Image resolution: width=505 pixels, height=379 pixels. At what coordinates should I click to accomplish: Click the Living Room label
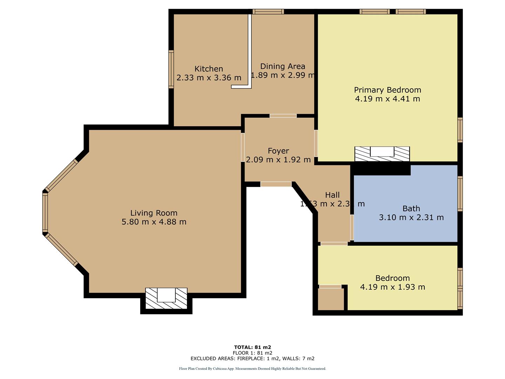(154, 213)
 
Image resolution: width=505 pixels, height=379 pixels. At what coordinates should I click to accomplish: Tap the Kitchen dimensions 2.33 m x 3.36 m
(209, 78)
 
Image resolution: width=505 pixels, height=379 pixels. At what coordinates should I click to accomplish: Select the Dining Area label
(283, 66)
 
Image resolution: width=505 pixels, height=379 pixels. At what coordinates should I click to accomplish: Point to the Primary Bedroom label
(387, 90)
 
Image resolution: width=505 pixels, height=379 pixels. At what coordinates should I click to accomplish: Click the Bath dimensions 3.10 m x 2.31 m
(411, 218)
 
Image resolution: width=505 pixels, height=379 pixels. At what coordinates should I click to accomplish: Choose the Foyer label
(278, 151)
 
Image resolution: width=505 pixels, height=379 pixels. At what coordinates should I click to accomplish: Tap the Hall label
(332, 195)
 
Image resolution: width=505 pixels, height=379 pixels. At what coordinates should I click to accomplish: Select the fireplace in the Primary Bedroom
(382, 154)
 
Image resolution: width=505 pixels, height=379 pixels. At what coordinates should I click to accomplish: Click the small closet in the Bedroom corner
(331, 299)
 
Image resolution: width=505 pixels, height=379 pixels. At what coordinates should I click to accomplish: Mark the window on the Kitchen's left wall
(171, 69)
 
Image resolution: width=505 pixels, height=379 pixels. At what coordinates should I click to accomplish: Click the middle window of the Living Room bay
(45, 213)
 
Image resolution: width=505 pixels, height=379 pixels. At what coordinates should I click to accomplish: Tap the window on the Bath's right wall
(460, 194)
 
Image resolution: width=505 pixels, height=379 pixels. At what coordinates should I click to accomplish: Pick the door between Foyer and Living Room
(243, 147)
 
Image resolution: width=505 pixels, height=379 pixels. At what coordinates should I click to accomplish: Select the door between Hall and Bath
(352, 227)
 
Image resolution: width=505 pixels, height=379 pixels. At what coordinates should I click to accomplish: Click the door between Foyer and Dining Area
(283, 116)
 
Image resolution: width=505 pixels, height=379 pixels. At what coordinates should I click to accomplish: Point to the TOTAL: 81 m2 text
(252, 347)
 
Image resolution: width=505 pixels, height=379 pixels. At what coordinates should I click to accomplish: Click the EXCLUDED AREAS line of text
(252, 359)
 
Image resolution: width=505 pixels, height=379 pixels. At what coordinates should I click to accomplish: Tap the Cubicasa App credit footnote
(252, 369)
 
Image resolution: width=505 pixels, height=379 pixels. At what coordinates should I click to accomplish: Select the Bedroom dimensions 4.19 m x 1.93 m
(392, 287)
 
